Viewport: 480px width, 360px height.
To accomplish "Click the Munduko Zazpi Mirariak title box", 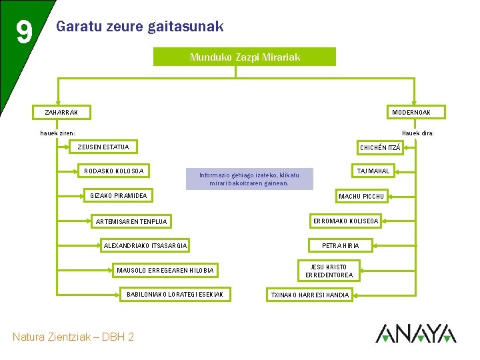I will tap(245, 57).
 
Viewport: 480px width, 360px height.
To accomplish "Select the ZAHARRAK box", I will tap(61, 112).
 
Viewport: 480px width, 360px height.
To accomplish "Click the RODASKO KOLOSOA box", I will tap(114, 171).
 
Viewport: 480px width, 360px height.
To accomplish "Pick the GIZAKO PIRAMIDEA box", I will tap(119, 195).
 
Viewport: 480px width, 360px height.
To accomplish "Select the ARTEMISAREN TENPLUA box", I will tap(132, 221).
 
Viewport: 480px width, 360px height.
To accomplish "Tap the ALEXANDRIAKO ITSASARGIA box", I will tap(145, 246).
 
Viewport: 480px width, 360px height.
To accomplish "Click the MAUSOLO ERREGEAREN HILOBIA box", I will tap(165, 270).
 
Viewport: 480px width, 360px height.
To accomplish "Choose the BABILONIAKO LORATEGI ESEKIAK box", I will tap(175, 294).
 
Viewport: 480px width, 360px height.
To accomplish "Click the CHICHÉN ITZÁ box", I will tap(380, 147).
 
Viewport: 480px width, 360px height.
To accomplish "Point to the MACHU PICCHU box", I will tap(361, 196).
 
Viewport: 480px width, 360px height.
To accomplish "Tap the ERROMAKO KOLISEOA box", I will tap(346, 221).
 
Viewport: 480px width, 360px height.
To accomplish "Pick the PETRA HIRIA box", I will tap(340, 245).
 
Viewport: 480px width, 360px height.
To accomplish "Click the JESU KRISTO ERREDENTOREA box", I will tap(329, 271).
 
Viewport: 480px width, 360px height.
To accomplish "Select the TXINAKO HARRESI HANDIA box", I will tap(309, 295).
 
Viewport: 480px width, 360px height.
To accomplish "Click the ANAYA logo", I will tap(416, 333).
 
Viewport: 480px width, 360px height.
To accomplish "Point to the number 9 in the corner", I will tap(23, 32).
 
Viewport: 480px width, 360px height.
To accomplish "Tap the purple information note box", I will tap(249, 179).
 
